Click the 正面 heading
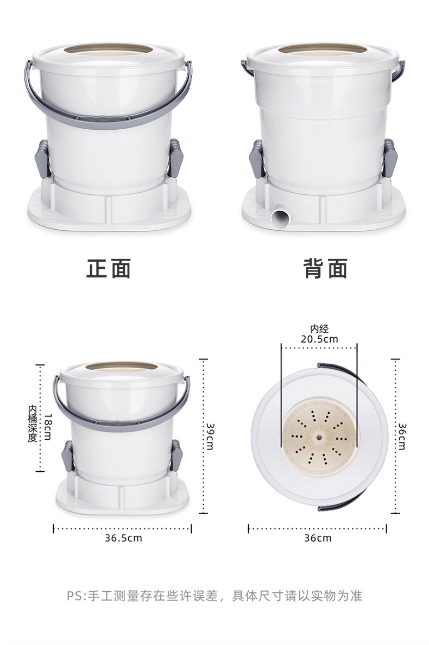pyautogui.click(x=109, y=269)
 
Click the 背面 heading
pyautogui.click(x=325, y=269)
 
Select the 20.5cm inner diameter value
pyautogui.click(x=319, y=339)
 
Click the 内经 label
pyautogui.click(x=319, y=328)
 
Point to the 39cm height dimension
pyautogui.click(x=210, y=437)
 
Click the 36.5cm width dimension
pyautogui.click(x=123, y=538)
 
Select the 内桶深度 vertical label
pyautogui.click(x=33, y=424)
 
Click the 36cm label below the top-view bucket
pyautogui.click(x=318, y=538)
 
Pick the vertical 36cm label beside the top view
pyautogui.click(x=402, y=437)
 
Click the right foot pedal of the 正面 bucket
pyautogui.click(x=175, y=159)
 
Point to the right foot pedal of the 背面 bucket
pyautogui.click(x=389, y=159)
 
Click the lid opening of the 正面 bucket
pyautogui.click(x=109, y=50)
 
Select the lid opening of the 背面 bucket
pyautogui.click(x=323, y=50)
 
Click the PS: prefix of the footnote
pyautogui.click(x=77, y=596)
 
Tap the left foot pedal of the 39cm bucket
pyautogui.click(x=67, y=456)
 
